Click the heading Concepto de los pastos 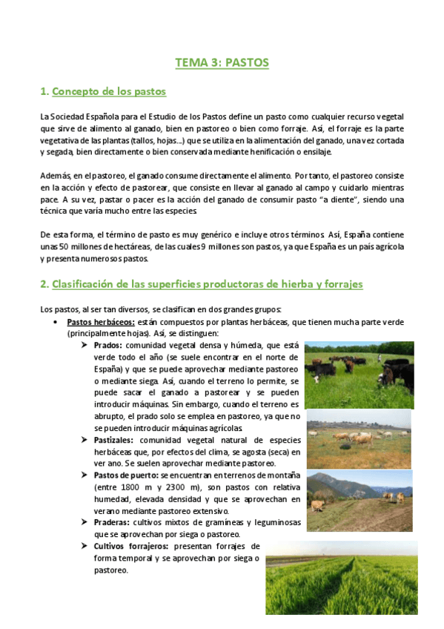(x=108, y=91)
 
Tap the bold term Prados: (x=107, y=346)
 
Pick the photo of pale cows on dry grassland (x=359, y=438)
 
